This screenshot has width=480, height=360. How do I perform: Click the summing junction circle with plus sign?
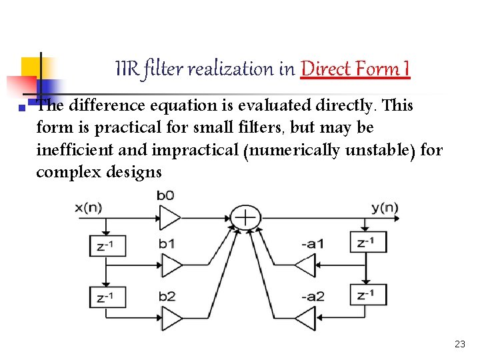pos(246,217)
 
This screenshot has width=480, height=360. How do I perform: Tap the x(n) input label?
pos(88,207)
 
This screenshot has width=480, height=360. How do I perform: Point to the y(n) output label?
pos(384,207)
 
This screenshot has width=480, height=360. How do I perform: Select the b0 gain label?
pos(166,195)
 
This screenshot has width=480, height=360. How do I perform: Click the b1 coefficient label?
pos(167,244)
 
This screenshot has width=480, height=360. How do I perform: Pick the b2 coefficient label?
pos(167,295)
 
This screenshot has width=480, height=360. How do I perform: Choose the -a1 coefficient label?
pos(313,244)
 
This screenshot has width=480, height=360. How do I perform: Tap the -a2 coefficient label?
pos(313,295)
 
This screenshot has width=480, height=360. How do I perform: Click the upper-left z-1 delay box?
pos(107,245)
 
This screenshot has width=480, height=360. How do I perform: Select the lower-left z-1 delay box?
pos(107,296)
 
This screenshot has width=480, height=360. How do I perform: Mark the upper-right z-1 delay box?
pos(367,241)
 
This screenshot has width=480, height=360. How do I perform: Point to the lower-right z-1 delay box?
pos(367,294)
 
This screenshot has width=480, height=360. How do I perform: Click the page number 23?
pos(459,344)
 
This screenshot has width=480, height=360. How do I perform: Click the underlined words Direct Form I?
pos(355,69)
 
